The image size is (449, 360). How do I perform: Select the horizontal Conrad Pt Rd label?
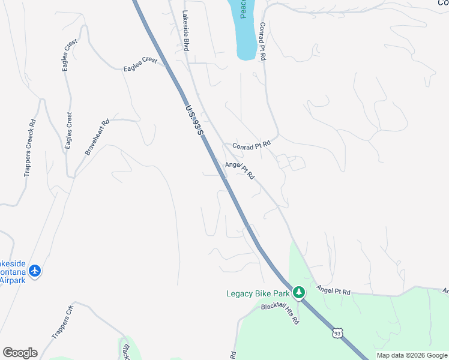pos(252,144)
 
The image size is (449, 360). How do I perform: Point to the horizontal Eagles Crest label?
pos(140,65)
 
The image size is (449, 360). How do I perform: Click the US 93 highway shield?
pos(338,332)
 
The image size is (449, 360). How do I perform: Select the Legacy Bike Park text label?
pos(258,293)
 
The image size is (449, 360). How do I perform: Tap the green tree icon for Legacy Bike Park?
pos(299,293)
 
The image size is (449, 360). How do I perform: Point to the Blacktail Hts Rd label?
pos(280,313)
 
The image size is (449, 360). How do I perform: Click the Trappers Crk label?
pos(62,321)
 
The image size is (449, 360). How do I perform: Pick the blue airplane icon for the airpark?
pos(35,271)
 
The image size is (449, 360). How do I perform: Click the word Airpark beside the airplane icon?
pos(12,280)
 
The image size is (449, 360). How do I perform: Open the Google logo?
pos(20,353)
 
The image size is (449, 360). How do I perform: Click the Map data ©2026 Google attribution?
pos(412,355)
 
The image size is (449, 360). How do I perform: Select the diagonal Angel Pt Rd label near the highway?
pos(240,170)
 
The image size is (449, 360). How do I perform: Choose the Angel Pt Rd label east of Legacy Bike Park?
pos(333,290)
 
